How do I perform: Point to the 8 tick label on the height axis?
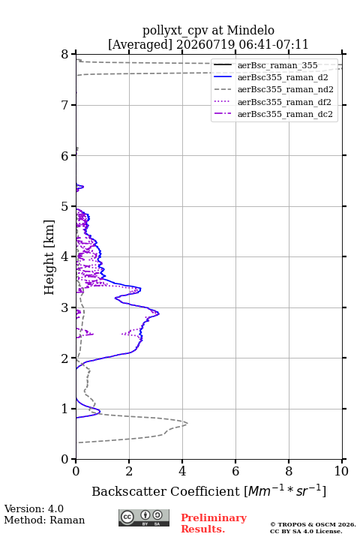pos(65,54)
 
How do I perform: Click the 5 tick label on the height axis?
pos(65,206)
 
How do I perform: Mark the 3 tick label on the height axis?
pos(65,307)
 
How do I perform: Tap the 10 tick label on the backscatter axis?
pos(341,471)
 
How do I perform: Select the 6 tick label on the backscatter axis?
pos(235,471)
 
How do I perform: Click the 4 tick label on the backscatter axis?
pos(182,471)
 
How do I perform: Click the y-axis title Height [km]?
pos(49,257)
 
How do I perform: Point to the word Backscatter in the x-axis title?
pos(129,491)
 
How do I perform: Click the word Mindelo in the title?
pos(250,30)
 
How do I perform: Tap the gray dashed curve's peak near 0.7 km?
pos(187,423)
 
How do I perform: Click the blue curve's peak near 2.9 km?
pos(159,313)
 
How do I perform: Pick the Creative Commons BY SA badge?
pos(144,517)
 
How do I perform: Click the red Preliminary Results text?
pos(214,523)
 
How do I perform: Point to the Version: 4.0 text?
pos(34,508)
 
